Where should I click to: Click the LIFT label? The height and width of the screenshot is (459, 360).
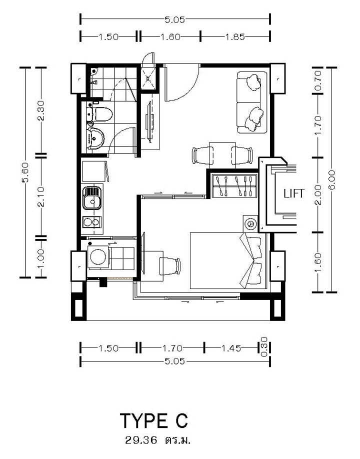pos(294,193)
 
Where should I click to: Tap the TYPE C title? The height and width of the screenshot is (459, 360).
pos(154,421)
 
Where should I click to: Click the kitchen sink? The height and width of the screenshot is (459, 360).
pos(92,198)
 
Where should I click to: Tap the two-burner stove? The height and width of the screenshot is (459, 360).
pos(91,222)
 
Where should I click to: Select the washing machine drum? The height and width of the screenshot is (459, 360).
pos(98,256)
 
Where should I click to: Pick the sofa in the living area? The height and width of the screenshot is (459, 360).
pos(251,102)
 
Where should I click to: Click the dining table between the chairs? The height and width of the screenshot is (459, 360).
pos(222,155)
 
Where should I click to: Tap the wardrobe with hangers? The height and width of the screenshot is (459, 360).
pos(234,185)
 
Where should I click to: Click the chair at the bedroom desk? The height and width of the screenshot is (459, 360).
pos(170,266)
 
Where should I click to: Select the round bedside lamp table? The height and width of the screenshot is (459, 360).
pos(250,224)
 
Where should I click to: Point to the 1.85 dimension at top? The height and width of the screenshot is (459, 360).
pos(235,37)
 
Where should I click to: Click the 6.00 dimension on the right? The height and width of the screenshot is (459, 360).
pos(332,180)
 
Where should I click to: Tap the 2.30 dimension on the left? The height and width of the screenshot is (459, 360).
pos(41,110)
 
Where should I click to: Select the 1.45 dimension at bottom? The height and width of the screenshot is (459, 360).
pos(231,348)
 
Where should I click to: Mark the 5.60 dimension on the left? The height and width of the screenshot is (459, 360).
pos(25,172)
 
